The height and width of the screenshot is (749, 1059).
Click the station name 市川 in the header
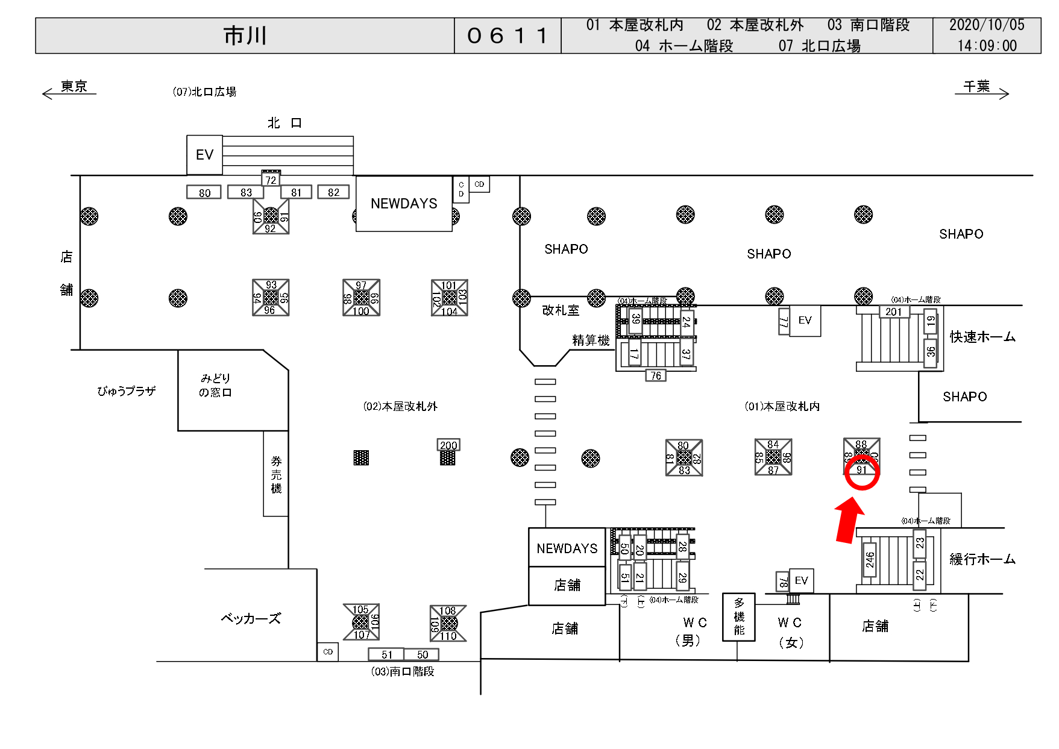click(x=245, y=36)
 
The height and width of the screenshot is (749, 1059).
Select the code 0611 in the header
click(x=508, y=36)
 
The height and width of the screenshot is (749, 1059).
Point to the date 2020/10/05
click(x=987, y=25)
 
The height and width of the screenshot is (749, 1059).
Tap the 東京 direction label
click(x=74, y=87)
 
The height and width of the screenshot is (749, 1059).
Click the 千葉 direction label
click(x=976, y=87)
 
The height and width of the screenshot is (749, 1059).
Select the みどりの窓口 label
click(x=215, y=385)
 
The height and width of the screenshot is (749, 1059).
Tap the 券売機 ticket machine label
click(x=276, y=474)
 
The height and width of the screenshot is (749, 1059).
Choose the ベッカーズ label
click(x=251, y=619)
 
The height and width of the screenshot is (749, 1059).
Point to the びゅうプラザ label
click(x=127, y=391)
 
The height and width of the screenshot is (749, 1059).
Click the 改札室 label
click(x=561, y=310)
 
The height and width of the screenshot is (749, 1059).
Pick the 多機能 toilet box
click(x=739, y=617)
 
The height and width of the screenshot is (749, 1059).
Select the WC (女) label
click(x=790, y=631)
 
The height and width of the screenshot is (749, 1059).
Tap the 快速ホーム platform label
click(x=982, y=337)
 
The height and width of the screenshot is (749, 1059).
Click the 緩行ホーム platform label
click(x=982, y=559)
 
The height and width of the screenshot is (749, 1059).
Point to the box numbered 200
click(x=448, y=445)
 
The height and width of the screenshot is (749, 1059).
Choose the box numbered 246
click(x=870, y=560)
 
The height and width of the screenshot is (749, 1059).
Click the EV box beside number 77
click(x=805, y=321)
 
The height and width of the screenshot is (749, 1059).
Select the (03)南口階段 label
click(x=403, y=671)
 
